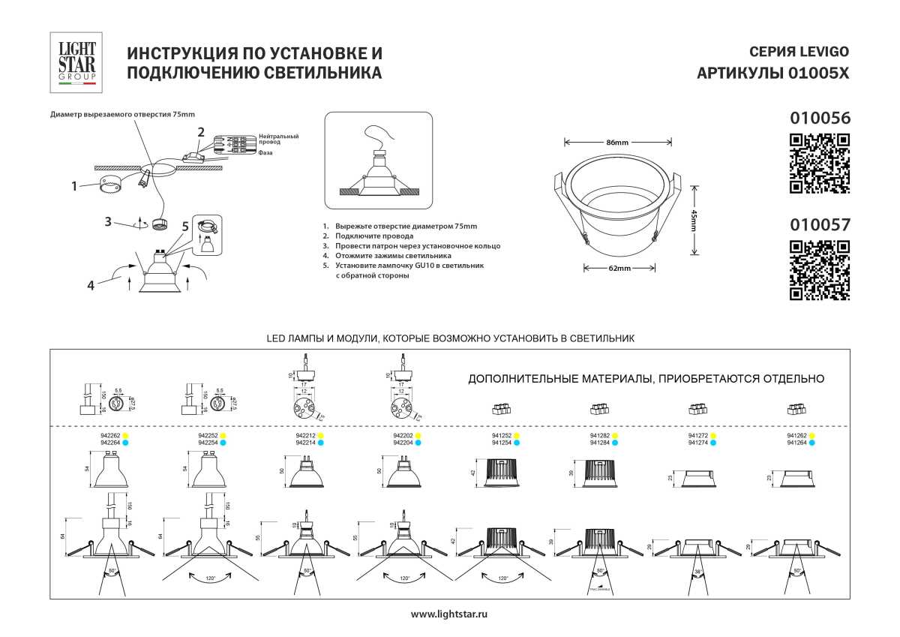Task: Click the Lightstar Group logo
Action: (x=76, y=62)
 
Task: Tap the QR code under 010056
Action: (x=820, y=164)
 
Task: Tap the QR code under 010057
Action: (x=820, y=270)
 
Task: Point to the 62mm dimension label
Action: (x=619, y=268)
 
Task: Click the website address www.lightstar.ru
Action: (x=450, y=614)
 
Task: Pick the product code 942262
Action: (x=110, y=435)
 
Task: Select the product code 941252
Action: (x=501, y=435)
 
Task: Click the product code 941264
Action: (x=796, y=443)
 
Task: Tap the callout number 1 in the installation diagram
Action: (x=75, y=185)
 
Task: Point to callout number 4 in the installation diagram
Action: (x=91, y=285)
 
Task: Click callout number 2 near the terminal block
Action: (x=200, y=132)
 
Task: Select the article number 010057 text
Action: (x=820, y=224)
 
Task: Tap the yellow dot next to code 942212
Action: (x=321, y=435)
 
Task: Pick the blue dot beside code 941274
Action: (x=714, y=443)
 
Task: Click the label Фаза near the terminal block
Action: (x=265, y=152)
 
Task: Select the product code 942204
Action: (x=403, y=443)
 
